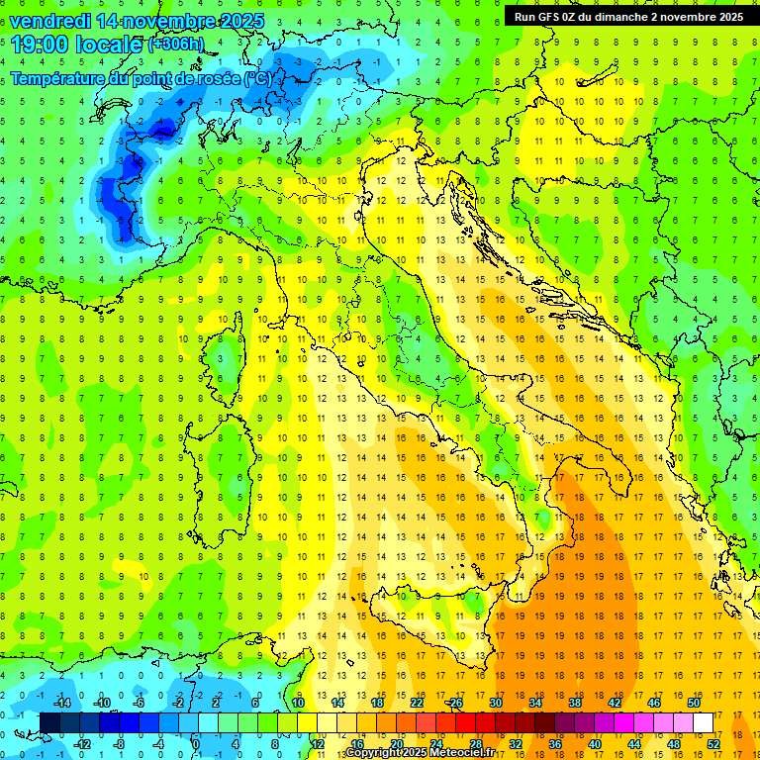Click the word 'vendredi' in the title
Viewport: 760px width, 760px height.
pyautogui.click(x=48, y=20)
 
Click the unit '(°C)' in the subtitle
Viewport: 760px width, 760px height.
pyautogui.click(x=261, y=77)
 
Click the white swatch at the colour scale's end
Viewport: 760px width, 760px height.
pyautogui.click(x=703, y=722)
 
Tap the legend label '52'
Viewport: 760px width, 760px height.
pyautogui.click(x=713, y=743)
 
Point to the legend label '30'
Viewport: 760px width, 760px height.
pyautogui.click(x=495, y=703)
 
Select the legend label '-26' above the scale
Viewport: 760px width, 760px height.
pyautogui.click(x=454, y=703)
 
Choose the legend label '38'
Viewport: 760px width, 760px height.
pyautogui.click(x=574, y=703)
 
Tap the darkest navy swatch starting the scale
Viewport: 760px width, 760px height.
pyautogui.click(x=49, y=722)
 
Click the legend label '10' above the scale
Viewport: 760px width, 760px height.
pyautogui.click(x=298, y=703)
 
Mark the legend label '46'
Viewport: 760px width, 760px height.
pyautogui.click(x=653, y=703)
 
